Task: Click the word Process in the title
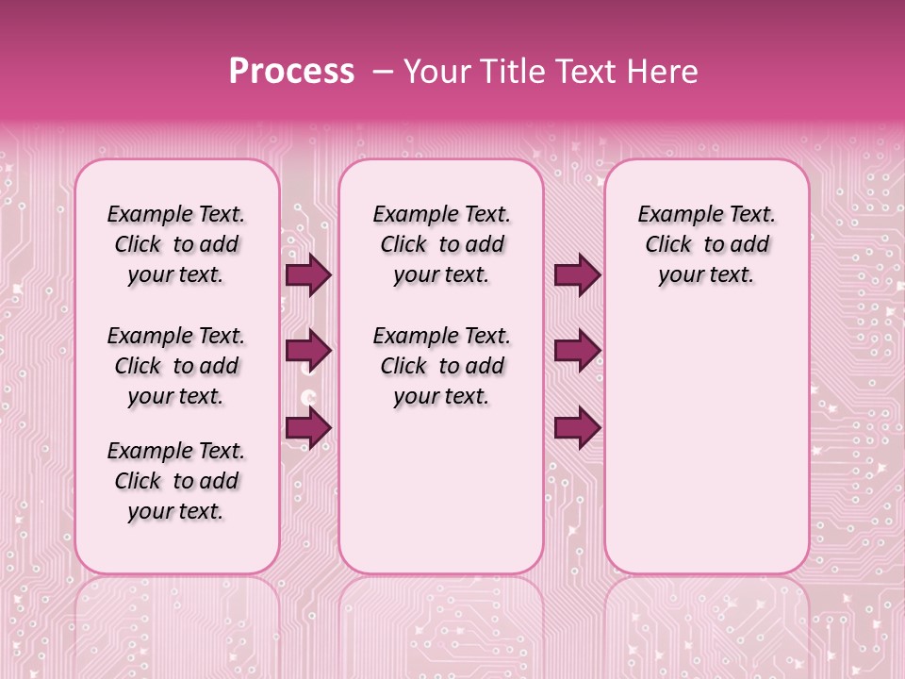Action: pos(291,72)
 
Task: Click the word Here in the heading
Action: pos(663,72)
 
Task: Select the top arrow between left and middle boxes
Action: pos(308,274)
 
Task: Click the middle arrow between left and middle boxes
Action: pos(308,351)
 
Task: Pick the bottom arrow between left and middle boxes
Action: pos(308,427)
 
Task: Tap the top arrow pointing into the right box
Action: pos(577,274)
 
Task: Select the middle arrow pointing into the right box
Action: pos(577,351)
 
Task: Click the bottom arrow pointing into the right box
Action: pos(577,427)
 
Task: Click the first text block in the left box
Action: pos(176,244)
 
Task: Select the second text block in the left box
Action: pos(176,366)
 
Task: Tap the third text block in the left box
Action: pos(176,481)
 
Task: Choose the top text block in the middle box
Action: pos(441,244)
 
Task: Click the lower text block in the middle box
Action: pos(441,366)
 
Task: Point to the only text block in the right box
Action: pos(706,244)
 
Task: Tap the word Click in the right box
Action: pos(668,245)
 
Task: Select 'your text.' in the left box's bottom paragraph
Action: pos(175,511)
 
